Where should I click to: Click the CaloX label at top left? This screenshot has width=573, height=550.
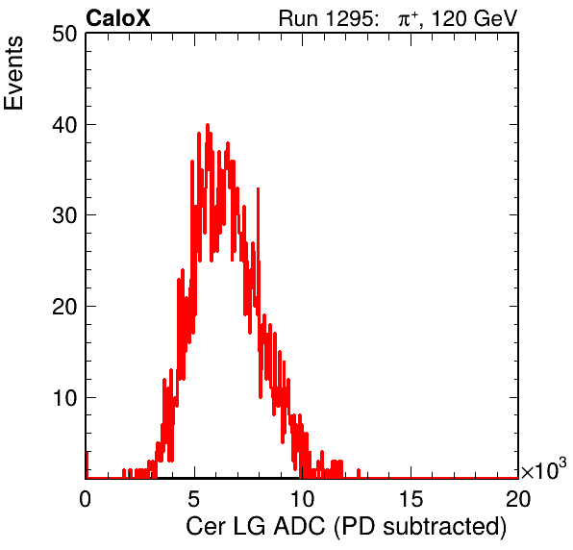118,18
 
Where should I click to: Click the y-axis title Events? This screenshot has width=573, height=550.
13,73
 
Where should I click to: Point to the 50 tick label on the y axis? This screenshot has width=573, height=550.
64,35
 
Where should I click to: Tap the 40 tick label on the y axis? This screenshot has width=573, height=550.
64,125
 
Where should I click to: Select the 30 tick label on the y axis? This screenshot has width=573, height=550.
64,216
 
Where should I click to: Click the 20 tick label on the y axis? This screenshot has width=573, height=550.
64,307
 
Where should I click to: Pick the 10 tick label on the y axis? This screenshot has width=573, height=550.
64,398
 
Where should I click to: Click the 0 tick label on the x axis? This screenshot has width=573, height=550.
86,499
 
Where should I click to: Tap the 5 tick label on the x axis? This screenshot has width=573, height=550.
193,499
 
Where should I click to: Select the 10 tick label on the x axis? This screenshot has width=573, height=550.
302,499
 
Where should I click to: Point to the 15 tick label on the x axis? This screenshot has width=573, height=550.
411,499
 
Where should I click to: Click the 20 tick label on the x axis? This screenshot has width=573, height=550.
518,499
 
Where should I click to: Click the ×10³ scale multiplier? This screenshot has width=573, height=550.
544,469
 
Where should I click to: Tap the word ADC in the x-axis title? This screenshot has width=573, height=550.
299,527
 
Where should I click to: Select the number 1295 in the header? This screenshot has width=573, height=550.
348,18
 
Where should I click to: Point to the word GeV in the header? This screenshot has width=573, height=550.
495,18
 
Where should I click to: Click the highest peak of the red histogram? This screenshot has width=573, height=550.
208,125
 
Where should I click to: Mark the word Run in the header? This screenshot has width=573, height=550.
298,18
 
